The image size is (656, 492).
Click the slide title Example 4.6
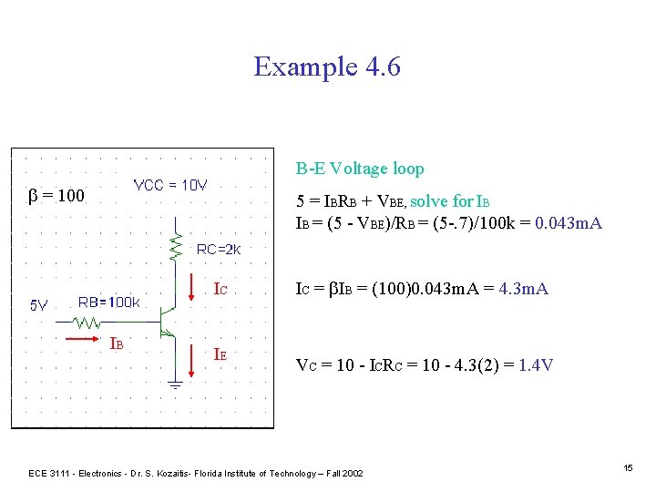(327, 67)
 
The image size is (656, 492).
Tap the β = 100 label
(57, 196)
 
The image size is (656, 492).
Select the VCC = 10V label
(170, 185)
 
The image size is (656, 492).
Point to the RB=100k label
(108, 302)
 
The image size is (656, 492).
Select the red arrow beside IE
(190, 360)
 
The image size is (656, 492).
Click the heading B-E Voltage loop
(359, 169)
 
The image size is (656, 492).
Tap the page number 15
(628, 467)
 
